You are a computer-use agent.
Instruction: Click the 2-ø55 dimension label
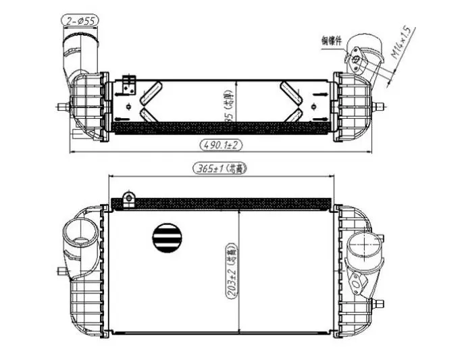point(80,20)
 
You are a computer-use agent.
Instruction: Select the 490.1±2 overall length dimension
point(220,144)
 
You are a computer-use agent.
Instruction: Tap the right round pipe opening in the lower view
point(362,245)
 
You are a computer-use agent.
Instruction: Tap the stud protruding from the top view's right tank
point(380,106)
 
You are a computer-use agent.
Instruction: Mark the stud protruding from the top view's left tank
point(63,106)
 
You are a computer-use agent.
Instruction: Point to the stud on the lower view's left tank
point(63,272)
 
